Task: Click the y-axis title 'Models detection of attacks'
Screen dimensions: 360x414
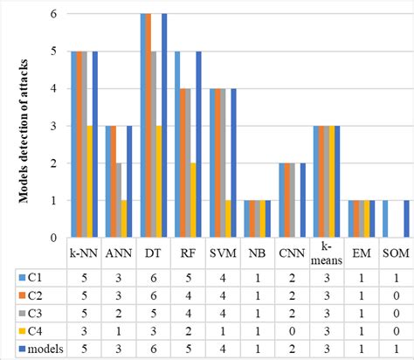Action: click(26, 125)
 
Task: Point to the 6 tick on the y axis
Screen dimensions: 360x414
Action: click(54, 14)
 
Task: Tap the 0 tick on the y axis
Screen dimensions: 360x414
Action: click(54, 237)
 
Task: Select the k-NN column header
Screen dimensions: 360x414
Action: click(85, 256)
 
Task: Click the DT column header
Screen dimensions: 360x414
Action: click(154, 256)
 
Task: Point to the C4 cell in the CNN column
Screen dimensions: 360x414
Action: click(293, 332)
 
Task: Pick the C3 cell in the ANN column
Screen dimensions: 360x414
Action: click(119, 315)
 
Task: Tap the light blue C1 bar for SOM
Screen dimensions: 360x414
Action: click(385, 218)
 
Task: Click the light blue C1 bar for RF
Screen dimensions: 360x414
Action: click(177, 144)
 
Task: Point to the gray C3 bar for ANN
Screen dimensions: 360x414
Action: click(119, 200)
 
